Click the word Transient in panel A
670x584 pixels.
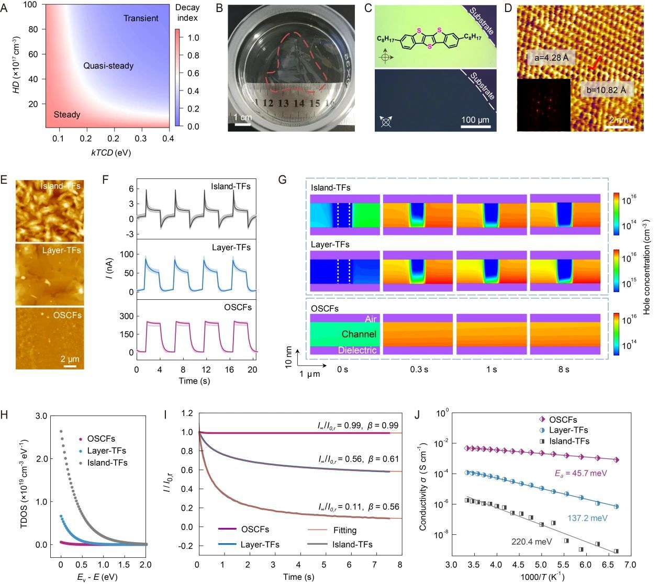click(x=141, y=18)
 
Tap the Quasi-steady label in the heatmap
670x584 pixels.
click(x=108, y=66)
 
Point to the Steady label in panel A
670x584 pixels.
click(x=67, y=115)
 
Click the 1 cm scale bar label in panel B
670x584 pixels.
click(x=243, y=117)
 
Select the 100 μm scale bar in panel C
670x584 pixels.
click(x=475, y=126)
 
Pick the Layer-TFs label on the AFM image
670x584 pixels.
click(x=62, y=250)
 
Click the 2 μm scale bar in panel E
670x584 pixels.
click(x=70, y=366)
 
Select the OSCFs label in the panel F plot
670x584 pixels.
click(x=238, y=307)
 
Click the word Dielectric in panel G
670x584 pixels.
click(x=357, y=350)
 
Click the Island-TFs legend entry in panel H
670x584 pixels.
click(x=107, y=463)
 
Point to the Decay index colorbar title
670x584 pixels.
click(x=187, y=13)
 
